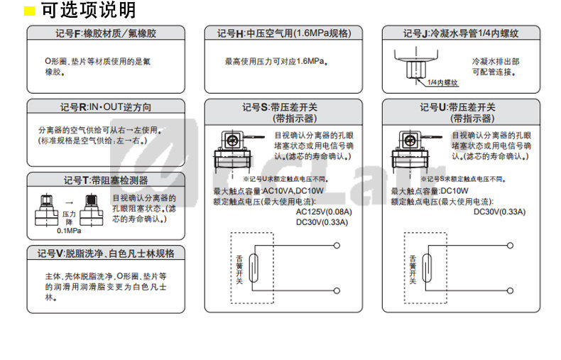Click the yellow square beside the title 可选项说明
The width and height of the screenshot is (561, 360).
pyautogui.click(x=30, y=11)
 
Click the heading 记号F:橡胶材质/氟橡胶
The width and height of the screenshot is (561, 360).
pyautogui.click(x=106, y=33)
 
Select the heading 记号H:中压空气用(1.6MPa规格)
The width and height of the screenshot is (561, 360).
pyautogui.click(x=283, y=33)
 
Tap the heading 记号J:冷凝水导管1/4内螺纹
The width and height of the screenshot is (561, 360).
pyautogui.click(x=461, y=33)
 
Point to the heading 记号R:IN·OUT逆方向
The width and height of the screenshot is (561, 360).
pyautogui.click(x=106, y=107)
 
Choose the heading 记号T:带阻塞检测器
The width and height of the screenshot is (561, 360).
pyautogui.click(x=106, y=180)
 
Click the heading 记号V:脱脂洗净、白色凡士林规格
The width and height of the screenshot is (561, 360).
pyautogui.click(x=106, y=253)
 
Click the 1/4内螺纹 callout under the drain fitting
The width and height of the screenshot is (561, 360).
pyautogui.click(x=442, y=82)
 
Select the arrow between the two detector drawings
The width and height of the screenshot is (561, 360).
pyautogui.click(x=70, y=202)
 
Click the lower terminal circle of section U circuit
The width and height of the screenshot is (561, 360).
pyautogui.click(x=511, y=290)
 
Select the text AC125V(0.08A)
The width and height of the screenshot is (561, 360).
pyautogui.click(x=322, y=212)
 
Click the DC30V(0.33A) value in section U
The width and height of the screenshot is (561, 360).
pyautogui.click(x=499, y=212)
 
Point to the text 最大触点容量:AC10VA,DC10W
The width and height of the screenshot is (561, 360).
pyautogui.click(x=269, y=191)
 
